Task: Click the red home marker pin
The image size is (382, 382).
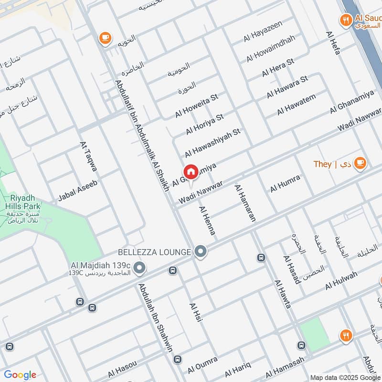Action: (191, 172)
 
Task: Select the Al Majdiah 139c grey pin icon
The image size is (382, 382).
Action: (139, 268)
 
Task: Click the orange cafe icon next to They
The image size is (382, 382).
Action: (360, 163)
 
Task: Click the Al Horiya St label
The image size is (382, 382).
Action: (205, 123)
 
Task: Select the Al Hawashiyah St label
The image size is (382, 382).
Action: (212, 142)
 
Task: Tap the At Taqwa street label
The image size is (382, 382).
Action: (89, 156)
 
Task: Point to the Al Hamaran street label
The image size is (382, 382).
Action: (245, 203)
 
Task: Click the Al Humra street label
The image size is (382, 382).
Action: (285, 183)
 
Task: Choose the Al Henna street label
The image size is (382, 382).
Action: (207, 220)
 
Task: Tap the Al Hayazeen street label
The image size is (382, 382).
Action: (263, 31)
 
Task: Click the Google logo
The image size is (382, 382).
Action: (20, 374)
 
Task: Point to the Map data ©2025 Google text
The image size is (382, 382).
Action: (345, 376)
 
